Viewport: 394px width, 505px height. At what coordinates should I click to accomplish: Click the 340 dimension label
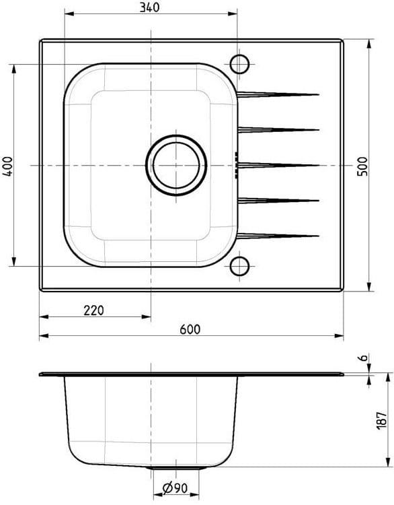[x=149, y=7]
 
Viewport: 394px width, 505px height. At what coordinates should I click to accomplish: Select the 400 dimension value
[x=8, y=166]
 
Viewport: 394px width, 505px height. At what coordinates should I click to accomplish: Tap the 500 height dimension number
[x=362, y=166]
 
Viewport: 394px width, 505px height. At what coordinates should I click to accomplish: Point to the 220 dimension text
[x=93, y=310]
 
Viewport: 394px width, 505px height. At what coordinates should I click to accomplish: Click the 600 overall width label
[x=190, y=329]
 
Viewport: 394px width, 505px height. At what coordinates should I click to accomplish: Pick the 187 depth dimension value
[x=381, y=420]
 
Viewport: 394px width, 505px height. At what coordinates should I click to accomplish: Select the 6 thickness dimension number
[x=363, y=357]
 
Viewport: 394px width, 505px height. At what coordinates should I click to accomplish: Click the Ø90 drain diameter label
[x=175, y=489]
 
